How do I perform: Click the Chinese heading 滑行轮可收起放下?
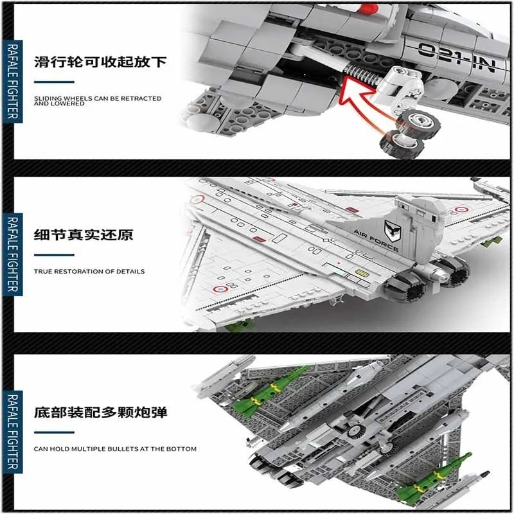pyautogui.click(x=100, y=62)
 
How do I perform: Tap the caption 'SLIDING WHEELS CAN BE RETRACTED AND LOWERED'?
pyautogui.click(x=98, y=101)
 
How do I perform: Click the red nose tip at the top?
pyautogui.click(x=368, y=10)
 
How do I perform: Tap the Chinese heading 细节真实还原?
pyautogui.click(x=84, y=235)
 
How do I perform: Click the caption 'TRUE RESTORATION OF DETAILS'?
pyautogui.click(x=89, y=271)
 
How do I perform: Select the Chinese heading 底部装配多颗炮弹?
pyautogui.click(x=100, y=412)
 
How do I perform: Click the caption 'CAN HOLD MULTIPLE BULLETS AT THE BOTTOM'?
pyautogui.click(x=115, y=448)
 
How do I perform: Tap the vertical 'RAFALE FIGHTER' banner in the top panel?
pyautogui.click(x=13, y=82)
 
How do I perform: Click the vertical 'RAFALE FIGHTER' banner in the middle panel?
pyautogui.click(x=13, y=254)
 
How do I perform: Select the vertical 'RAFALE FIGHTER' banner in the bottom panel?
pyautogui.click(x=13, y=432)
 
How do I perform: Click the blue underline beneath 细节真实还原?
pyautogui.click(x=54, y=254)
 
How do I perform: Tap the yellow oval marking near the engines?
pyautogui.click(x=360, y=272)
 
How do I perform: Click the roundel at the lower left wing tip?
pyautogui.click(x=220, y=289)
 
